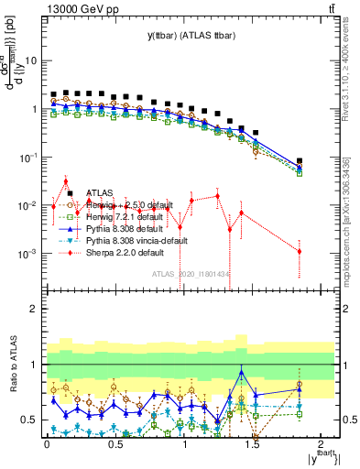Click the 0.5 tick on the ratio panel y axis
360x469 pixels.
click(30, 420)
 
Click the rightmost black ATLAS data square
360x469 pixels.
click(300, 161)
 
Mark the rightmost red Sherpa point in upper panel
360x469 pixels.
click(300, 251)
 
